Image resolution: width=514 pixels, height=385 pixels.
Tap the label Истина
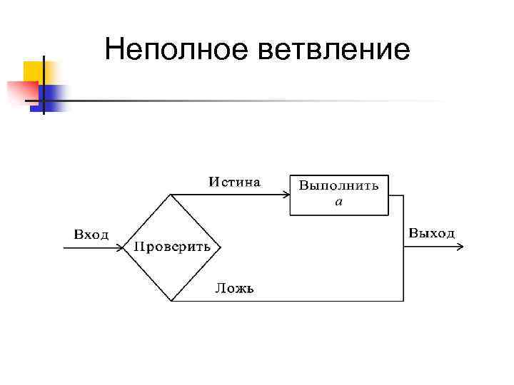click(234, 181)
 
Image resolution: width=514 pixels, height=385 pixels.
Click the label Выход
click(431, 233)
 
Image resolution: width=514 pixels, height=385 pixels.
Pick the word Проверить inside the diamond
click(172, 247)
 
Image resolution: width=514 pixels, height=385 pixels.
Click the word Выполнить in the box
click(338, 186)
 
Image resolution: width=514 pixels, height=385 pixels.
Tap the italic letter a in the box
click(339, 202)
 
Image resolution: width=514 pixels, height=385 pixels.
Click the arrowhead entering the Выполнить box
click(286, 195)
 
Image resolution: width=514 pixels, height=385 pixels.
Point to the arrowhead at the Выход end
click(461, 247)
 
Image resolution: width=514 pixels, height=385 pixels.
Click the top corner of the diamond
click(171, 195)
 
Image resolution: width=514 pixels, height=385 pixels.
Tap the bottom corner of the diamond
click(171, 300)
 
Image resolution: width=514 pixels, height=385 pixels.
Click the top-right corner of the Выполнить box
click(388, 175)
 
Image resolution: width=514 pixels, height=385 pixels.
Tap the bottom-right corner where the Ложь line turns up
click(403, 300)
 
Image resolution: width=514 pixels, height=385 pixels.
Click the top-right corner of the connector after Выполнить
click(403, 195)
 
